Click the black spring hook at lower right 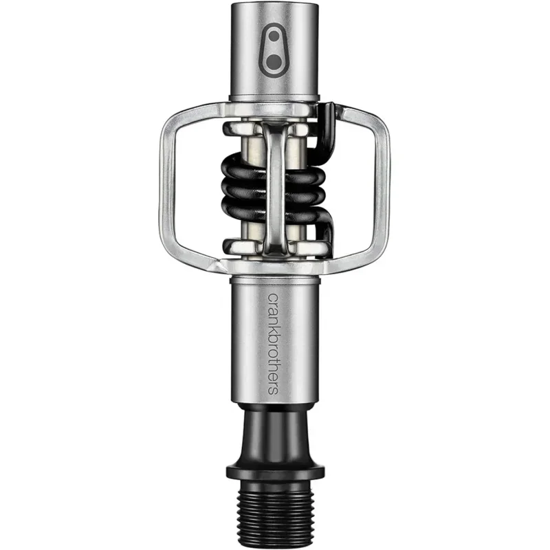pyautogui.click(x=327, y=230)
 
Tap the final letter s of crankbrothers pyautogui.click(x=274, y=390)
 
